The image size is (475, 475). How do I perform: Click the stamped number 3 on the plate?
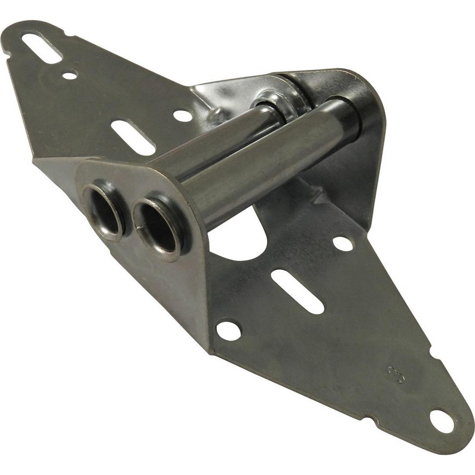click(x=396, y=374)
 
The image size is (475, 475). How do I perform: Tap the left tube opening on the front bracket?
click(x=103, y=211)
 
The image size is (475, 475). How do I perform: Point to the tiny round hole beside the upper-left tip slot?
click(x=69, y=76)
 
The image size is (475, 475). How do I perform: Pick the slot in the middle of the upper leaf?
click(x=133, y=137)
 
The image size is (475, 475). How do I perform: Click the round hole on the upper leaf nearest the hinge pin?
click(x=183, y=115)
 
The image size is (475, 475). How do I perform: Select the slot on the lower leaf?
click(x=297, y=292)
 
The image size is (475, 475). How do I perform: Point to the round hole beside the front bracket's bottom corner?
click(x=228, y=330)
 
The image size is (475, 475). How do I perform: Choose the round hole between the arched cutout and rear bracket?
click(x=342, y=243)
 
